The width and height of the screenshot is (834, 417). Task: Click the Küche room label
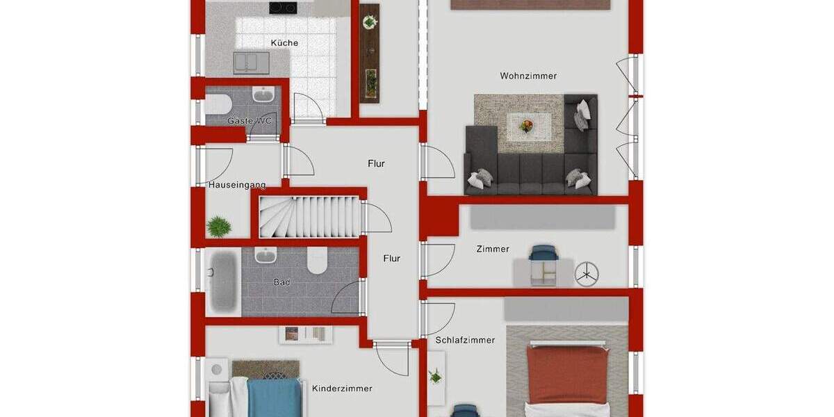[x=284, y=43]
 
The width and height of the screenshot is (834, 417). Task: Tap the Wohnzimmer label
[x=528, y=76]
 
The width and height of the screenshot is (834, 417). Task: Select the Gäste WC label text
[x=250, y=121]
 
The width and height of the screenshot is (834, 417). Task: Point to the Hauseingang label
[x=237, y=185]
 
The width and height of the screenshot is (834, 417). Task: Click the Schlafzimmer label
[x=465, y=340]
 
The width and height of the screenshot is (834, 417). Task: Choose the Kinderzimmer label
[x=342, y=389]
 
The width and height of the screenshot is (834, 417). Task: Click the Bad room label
[x=281, y=283]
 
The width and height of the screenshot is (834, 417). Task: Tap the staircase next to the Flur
[x=309, y=217]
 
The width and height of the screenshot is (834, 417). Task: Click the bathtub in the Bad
[x=223, y=280]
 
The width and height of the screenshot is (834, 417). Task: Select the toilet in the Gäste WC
[x=218, y=105]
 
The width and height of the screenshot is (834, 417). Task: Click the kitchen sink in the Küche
[x=251, y=63]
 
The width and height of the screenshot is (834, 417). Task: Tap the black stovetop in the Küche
[x=283, y=8]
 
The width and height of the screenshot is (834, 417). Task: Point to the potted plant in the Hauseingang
[x=219, y=226]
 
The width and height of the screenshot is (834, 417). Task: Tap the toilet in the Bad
[x=317, y=261]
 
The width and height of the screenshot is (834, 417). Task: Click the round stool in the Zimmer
[x=587, y=273]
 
